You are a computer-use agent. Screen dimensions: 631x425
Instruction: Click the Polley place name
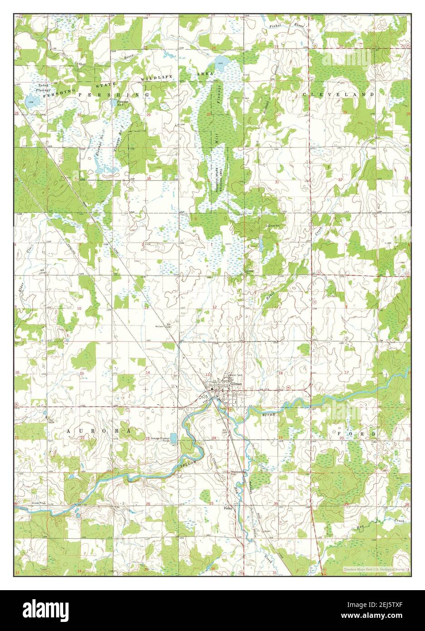tap(228, 508)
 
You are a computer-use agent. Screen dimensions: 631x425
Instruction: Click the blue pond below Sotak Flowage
tap(31, 99)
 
